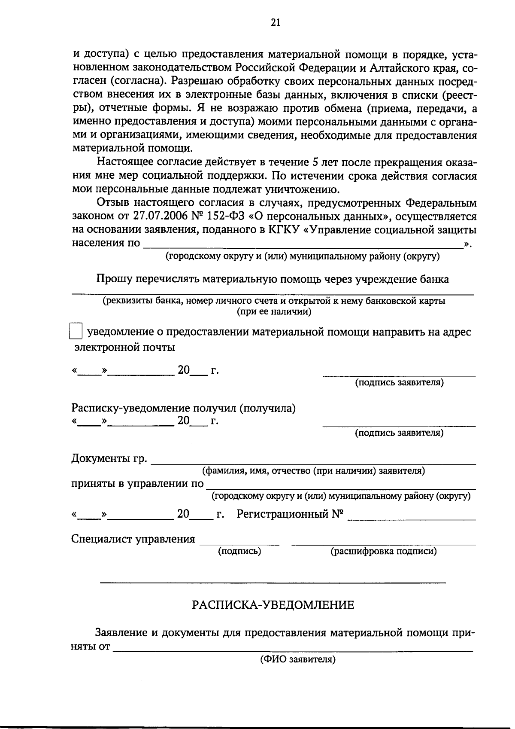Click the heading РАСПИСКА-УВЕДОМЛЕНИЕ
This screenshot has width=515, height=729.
[273, 605]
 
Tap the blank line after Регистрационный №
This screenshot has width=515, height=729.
[411, 519]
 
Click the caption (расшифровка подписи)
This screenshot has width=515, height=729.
[383, 551]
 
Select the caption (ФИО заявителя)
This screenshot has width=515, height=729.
[297, 659]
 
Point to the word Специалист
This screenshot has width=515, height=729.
[102, 539]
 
